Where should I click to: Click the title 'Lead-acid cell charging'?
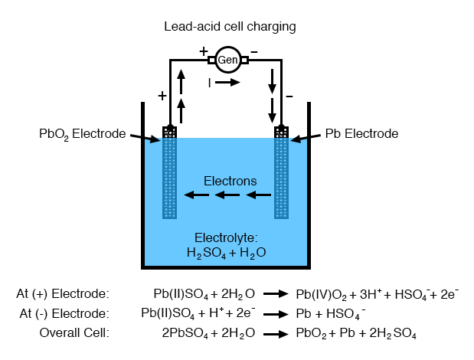tap(230, 27)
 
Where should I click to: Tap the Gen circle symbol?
tap(227, 59)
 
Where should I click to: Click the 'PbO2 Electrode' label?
tap(82, 133)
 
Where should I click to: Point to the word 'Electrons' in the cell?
tap(230, 181)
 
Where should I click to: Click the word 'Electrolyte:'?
tap(227, 237)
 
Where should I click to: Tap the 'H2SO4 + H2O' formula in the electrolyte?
tap(227, 252)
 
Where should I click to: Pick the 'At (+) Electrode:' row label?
tap(63, 293)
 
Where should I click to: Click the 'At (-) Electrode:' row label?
tap(64, 313)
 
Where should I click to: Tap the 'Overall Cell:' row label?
tap(74, 333)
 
